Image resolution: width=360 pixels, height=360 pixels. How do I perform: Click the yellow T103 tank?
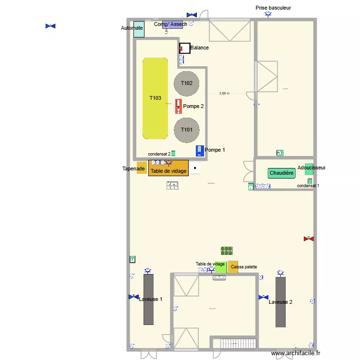click(x=155, y=98)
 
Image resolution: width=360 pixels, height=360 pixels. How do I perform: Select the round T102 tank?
click(x=187, y=83)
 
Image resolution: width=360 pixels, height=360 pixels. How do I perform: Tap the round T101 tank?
click(x=187, y=130)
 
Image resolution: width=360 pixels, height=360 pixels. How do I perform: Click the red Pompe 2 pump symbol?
click(x=179, y=106)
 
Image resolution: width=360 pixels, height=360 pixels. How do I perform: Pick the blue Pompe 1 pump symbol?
click(x=200, y=151)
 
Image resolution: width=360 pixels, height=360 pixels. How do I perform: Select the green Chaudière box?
click(x=281, y=173)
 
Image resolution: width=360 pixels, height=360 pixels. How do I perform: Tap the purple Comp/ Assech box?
click(x=173, y=24)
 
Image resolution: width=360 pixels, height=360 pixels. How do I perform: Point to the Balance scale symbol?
click(x=184, y=48)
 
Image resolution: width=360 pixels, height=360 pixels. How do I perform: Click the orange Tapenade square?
click(x=141, y=168)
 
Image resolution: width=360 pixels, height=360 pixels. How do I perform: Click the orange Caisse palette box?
click(x=233, y=267)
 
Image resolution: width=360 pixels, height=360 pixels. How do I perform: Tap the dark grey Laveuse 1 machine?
click(x=148, y=299)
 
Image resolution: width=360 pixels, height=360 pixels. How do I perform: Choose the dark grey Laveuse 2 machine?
click(x=280, y=302)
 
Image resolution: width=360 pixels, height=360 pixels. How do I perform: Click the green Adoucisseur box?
click(x=309, y=169)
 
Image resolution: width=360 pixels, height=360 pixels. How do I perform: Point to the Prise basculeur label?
click(x=273, y=8)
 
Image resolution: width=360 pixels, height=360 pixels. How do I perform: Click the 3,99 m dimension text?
click(x=225, y=94)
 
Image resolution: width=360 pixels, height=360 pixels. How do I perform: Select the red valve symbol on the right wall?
click(x=308, y=239)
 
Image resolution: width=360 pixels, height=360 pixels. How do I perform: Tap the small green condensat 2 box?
click(x=173, y=154)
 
